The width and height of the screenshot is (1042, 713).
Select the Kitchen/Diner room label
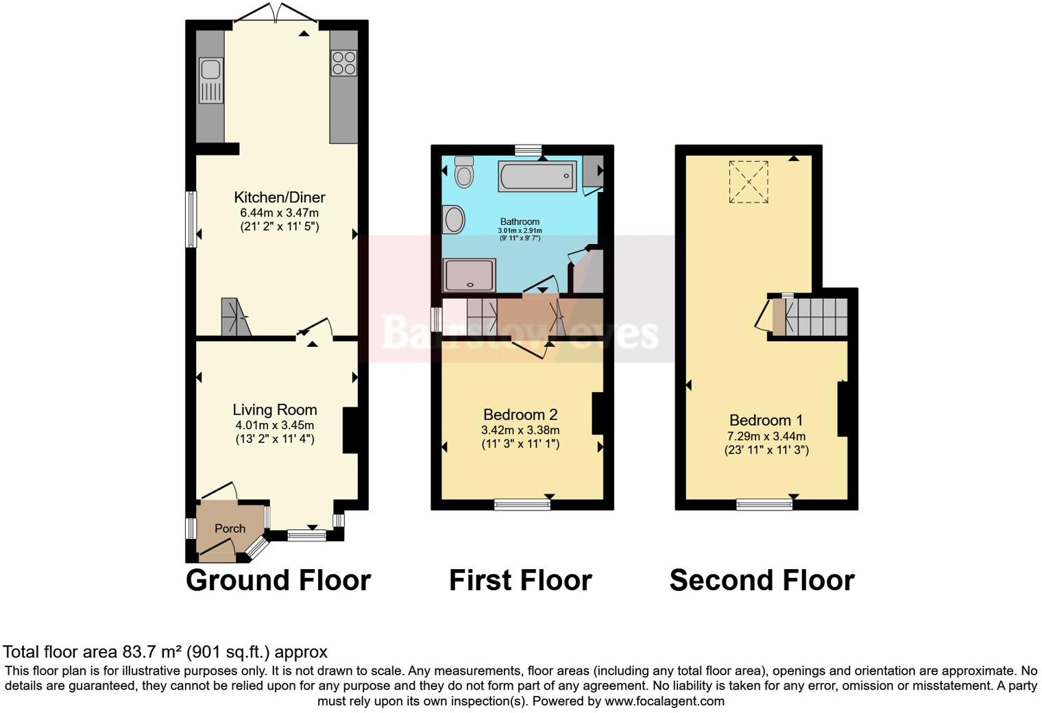(x=280, y=197)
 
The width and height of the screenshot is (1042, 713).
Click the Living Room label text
(x=275, y=410)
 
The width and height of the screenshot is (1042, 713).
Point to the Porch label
(x=230, y=529)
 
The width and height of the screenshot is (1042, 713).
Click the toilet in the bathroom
(x=464, y=171)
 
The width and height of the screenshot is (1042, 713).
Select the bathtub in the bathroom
(x=537, y=176)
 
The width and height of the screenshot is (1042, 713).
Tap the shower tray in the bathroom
(x=470, y=275)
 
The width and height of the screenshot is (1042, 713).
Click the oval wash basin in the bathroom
(x=454, y=220)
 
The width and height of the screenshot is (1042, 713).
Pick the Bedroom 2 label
(x=520, y=415)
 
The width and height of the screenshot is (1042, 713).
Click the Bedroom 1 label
(x=766, y=420)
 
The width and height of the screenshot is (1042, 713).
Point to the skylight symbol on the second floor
(x=749, y=182)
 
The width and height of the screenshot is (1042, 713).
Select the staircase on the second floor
(x=816, y=316)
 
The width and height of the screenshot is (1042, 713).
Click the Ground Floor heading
(x=278, y=581)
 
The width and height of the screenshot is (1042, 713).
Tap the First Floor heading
(x=520, y=581)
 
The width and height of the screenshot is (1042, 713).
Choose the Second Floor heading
(x=762, y=581)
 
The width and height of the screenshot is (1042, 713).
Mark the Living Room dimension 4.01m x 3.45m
(x=274, y=425)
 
